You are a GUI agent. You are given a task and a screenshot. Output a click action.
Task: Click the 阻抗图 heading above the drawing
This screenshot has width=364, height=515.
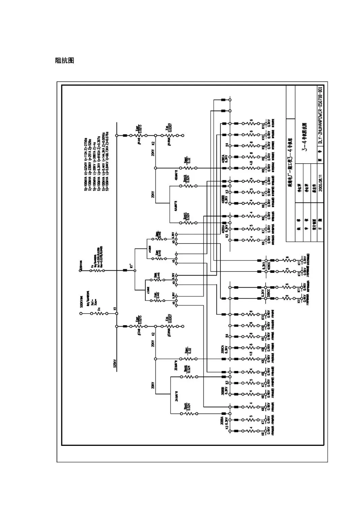coord(64,61)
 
